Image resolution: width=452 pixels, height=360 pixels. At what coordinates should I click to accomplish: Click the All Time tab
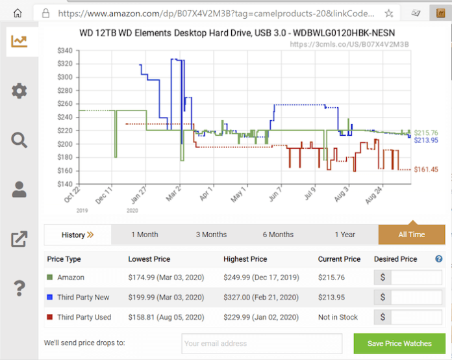pyautogui.click(x=411, y=235)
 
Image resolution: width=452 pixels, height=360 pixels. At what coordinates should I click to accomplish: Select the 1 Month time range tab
pyautogui.click(x=144, y=235)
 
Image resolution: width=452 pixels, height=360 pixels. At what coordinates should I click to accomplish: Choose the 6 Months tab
pyautogui.click(x=278, y=235)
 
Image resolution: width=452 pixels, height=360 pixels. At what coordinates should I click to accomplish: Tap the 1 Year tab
pyautogui.click(x=345, y=235)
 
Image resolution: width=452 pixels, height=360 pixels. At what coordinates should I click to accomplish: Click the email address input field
pyautogui.click(x=262, y=343)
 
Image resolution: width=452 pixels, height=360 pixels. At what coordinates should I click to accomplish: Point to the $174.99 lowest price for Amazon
pyautogui.click(x=166, y=277)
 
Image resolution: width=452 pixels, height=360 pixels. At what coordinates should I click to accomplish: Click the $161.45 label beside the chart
pyautogui.click(x=426, y=170)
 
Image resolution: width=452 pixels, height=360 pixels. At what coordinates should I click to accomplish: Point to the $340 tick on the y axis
pyautogui.click(x=65, y=50)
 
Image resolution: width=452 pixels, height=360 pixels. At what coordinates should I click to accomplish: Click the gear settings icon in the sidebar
pyautogui.click(x=19, y=90)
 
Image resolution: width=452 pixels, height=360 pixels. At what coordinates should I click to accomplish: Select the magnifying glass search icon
pyautogui.click(x=19, y=140)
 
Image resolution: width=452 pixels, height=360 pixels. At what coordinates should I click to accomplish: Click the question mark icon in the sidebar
pyautogui.click(x=19, y=287)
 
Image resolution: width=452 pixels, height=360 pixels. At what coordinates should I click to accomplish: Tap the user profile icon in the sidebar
pyautogui.click(x=19, y=189)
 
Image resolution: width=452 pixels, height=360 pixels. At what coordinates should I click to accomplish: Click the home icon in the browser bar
pyautogui.click(x=18, y=13)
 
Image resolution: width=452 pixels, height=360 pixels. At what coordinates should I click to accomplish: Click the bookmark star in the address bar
pyautogui.click(x=388, y=13)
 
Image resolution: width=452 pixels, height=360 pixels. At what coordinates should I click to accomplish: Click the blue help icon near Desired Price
pyautogui.click(x=439, y=259)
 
